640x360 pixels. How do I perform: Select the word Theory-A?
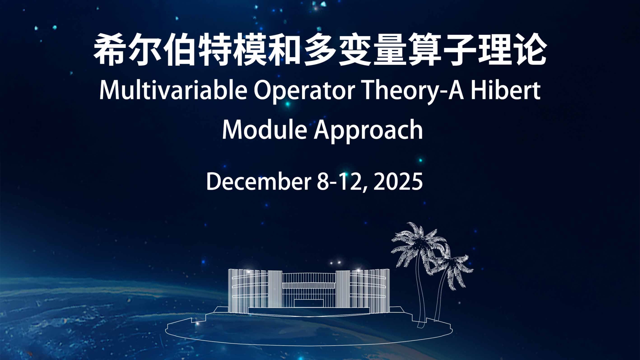[x=413, y=91]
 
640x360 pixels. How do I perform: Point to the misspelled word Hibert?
[x=506, y=90]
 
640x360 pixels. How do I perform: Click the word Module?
[x=264, y=130]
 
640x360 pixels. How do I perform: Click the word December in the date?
[x=258, y=181]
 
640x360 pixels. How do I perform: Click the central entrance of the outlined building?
[x=309, y=303]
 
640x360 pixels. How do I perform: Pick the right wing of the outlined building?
[x=370, y=290]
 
